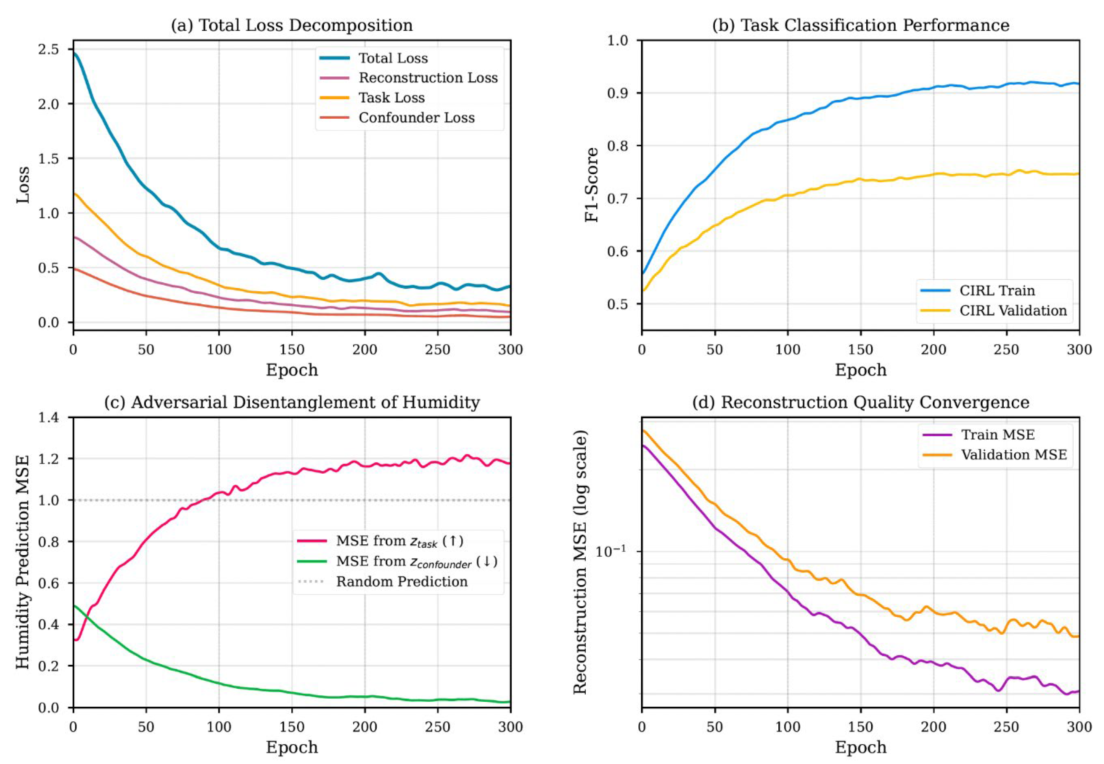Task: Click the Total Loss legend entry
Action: [392, 58]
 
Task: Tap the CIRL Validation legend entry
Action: [1013, 311]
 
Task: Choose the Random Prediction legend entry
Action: [401, 582]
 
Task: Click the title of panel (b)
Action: [860, 25]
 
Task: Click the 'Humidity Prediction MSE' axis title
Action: [22, 562]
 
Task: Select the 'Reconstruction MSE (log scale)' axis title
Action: [580, 562]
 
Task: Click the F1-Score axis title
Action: [592, 185]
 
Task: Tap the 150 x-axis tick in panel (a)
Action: [292, 350]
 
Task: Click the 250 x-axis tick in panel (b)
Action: [1006, 350]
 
